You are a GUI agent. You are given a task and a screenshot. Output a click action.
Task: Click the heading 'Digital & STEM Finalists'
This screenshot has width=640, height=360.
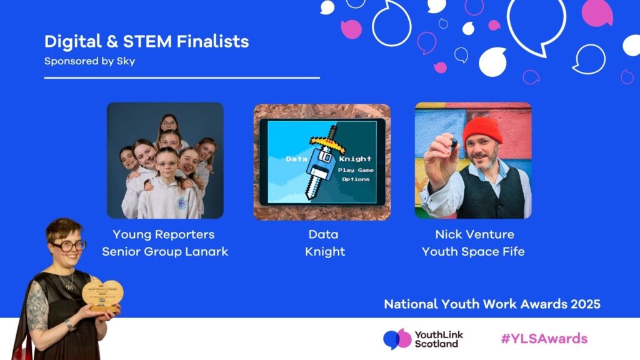146,42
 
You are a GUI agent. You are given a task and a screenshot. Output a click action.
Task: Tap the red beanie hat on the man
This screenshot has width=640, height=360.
482,131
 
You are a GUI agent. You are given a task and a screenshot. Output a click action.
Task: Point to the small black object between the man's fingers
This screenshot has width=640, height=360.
454,143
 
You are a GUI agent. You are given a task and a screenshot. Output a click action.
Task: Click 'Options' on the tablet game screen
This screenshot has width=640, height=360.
355,179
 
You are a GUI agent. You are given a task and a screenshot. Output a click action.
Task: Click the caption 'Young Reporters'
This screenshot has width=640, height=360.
163,234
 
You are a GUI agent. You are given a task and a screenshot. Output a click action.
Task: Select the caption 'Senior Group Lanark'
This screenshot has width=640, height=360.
165,252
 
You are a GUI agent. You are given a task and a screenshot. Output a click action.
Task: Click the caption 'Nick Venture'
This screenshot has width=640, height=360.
474,234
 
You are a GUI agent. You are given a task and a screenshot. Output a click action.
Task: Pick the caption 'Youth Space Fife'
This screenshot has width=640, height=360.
473,252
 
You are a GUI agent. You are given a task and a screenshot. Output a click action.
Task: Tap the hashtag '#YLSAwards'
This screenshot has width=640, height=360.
544,339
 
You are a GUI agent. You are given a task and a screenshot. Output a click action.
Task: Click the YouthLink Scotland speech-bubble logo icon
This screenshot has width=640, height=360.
397,339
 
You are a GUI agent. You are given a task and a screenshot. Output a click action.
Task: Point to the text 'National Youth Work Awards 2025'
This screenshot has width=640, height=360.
492,304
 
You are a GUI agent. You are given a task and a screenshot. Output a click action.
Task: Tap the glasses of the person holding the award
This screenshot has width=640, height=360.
69,246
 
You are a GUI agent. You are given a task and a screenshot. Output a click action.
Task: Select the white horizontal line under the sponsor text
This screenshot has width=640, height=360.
182,78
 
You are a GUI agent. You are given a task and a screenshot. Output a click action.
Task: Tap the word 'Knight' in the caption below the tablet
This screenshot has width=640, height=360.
325,252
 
